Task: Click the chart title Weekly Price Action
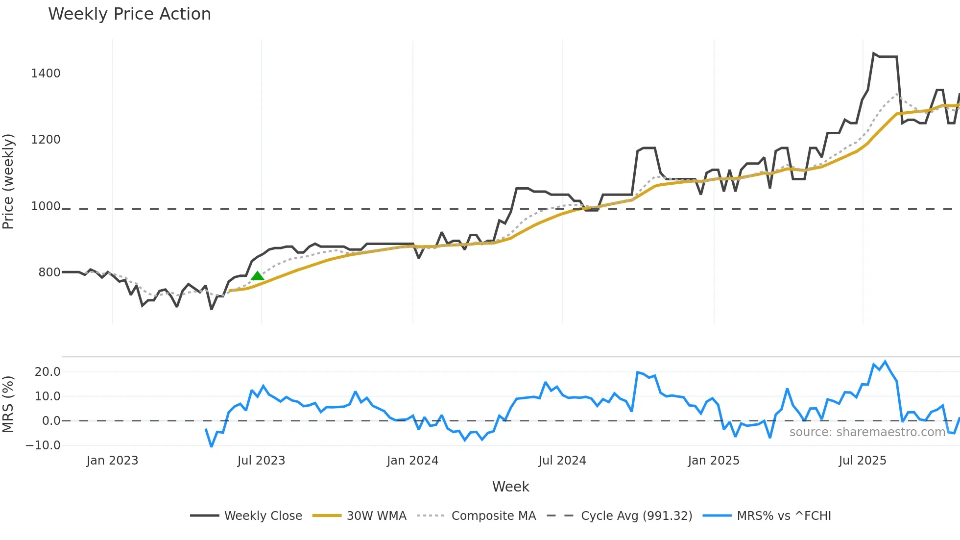coord(129,14)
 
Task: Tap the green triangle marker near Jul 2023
coord(258,276)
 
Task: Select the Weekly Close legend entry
coord(263,515)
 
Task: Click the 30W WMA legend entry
coord(376,515)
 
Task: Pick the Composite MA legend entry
coord(493,515)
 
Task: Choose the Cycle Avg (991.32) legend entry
coord(636,515)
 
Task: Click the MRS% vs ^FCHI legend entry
coord(784,515)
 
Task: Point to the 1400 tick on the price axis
coord(46,74)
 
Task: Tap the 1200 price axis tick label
coord(46,140)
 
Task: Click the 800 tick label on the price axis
coord(49,272)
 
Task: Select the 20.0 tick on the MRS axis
coord(48,372)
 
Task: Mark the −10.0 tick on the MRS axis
coord(43,445)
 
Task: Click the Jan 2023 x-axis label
coord(112,461)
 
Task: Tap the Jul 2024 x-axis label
coord(562,461)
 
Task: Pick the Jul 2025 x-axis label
coord(862,461)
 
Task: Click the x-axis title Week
coord(510,487)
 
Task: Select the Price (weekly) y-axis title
coord(8,181)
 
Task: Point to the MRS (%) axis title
coord(8,404)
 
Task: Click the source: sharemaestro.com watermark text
coord(867,432)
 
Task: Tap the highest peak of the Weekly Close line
coord(874,53)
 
